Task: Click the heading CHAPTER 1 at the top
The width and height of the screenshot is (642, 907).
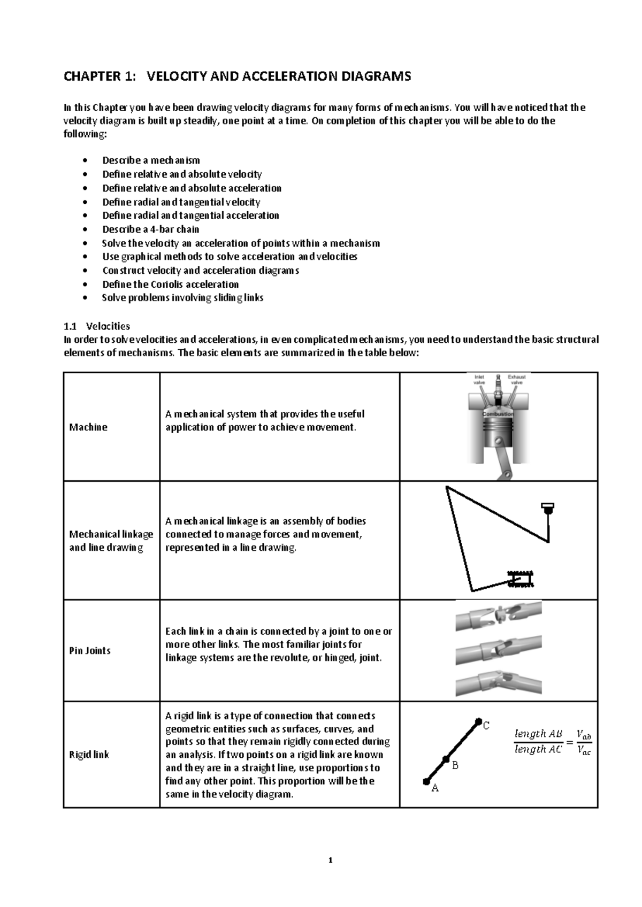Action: click(x=237, y=76)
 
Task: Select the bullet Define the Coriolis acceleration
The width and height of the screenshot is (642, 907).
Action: click(x=170, y=284)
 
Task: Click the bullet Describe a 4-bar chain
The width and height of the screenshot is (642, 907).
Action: click(x=150, y=229)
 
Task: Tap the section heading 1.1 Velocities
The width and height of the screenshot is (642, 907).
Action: click(x=97, y=326)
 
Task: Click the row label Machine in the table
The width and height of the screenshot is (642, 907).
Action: click(x=88, y=427)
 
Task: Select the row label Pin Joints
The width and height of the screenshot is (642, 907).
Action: click(x=90, y=650)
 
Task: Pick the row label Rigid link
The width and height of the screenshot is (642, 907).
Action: click(x=89, y=755)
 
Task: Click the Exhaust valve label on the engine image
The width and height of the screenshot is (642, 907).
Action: click(x=517, y=379)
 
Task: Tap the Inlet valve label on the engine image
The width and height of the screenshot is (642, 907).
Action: click(x=480, y=379)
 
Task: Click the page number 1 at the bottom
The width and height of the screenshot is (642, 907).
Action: click(x=330, y=860)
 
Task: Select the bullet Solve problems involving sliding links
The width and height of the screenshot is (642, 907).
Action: click(x=182, y=298)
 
